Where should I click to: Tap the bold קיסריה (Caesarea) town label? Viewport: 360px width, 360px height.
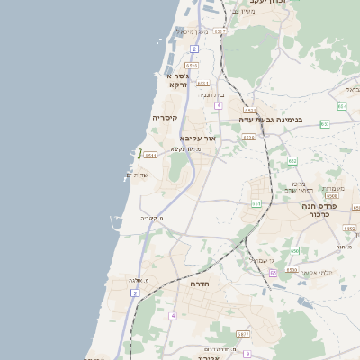point(165,118)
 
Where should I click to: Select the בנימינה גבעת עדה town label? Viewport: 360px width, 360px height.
point(271,119)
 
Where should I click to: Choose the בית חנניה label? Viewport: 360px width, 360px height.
point(211,94)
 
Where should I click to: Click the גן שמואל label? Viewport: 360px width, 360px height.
point(258,259)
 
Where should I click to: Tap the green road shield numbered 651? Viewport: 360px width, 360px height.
point(256,204)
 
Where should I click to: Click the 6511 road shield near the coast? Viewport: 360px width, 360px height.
point(150,156)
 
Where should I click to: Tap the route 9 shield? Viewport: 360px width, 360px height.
point(247,354)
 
